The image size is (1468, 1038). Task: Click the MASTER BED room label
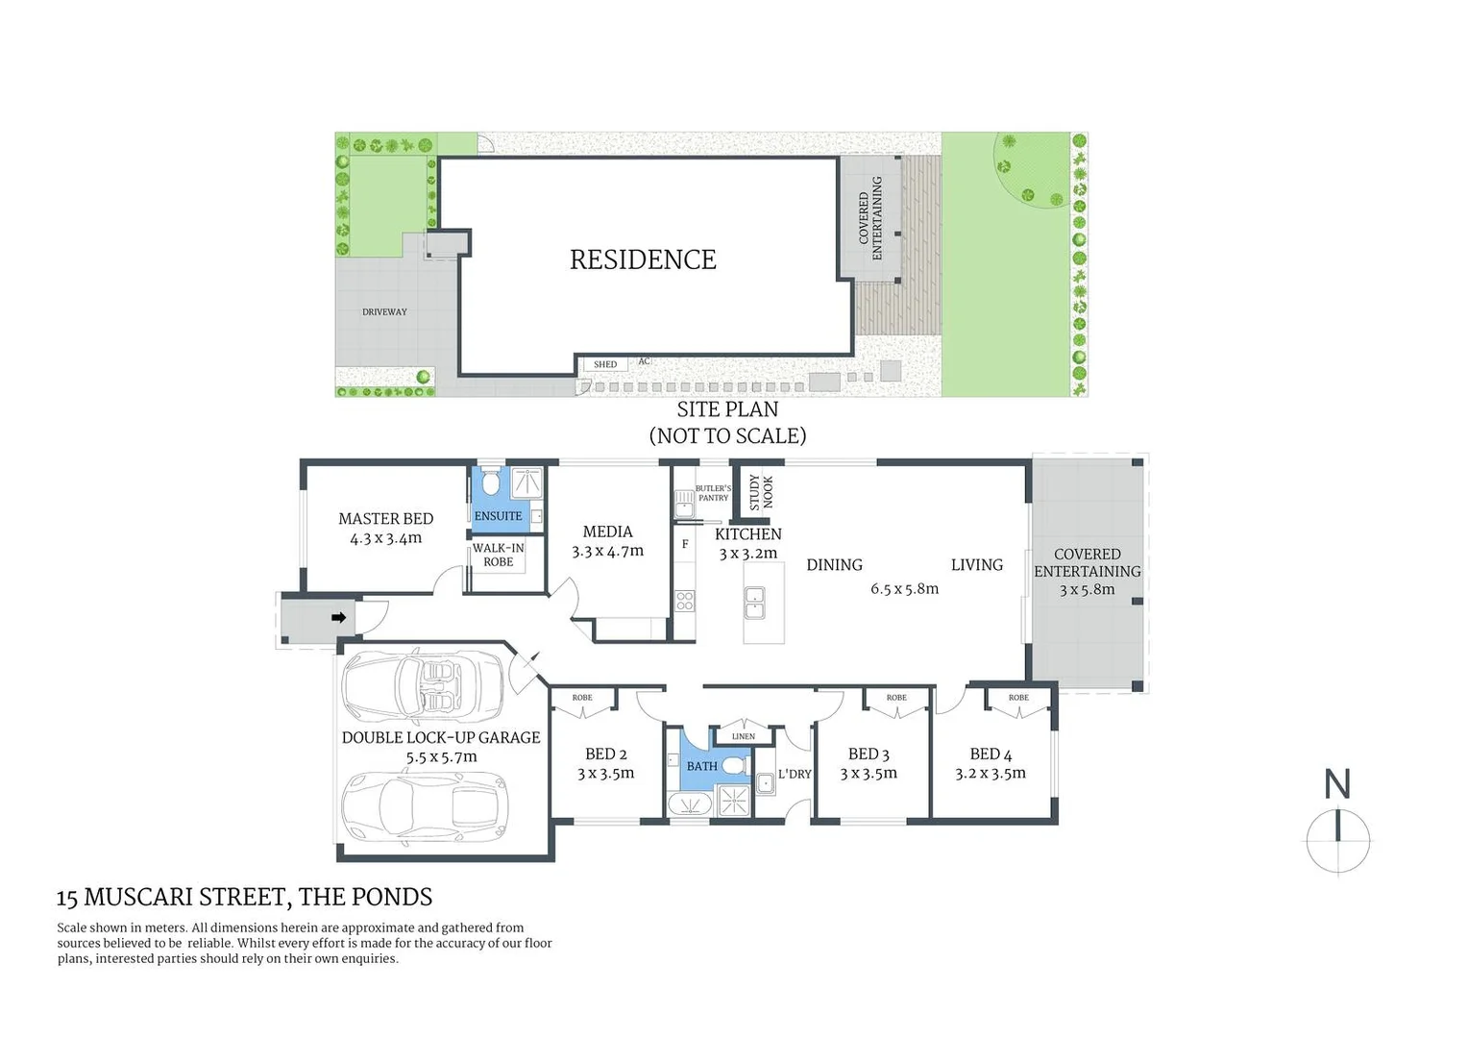(x=385, y=519)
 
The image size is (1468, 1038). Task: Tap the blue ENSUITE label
(x=498, y=516)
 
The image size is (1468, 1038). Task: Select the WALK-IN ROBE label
(x=498, y=555)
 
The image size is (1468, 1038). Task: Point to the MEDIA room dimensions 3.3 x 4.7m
(x=607, y=552)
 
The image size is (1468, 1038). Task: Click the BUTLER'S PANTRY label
(x=713, y=493)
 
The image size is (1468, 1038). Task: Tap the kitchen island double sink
(x=754, y=603)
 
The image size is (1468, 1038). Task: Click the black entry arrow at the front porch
(x=338, y=618)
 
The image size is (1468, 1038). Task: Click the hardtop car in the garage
(x=424, y=799)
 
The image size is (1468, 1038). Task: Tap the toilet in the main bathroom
(x=734, y=766)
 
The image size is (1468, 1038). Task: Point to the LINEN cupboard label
(x=743, y=736)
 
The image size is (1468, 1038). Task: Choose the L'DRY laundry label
(x=795, y=774)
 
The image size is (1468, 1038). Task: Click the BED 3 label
(x=869, y=754)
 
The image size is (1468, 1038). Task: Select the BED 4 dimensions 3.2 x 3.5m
(x=991, y=774)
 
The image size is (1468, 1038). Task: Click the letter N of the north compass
(x=1337, y=784)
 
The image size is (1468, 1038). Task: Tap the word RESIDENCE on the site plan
(x=643, y=259)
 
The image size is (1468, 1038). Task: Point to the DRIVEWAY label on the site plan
(x=384, y=312)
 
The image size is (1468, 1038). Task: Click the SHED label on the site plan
(x=605, y=364)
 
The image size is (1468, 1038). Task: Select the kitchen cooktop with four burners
(x=684, y=602)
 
